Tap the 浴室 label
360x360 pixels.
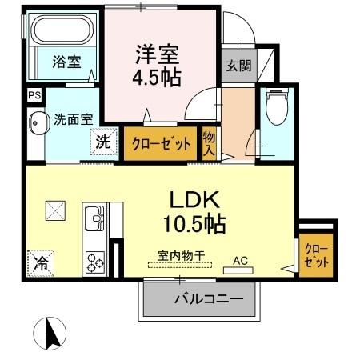(66, 62)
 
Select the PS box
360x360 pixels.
(33, 95)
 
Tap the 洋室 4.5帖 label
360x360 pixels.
(157, 66)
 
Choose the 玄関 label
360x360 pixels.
(238, 66)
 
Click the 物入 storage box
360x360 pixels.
(210, 144)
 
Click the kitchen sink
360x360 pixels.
(94, 217)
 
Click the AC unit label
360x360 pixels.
(239, 260)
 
